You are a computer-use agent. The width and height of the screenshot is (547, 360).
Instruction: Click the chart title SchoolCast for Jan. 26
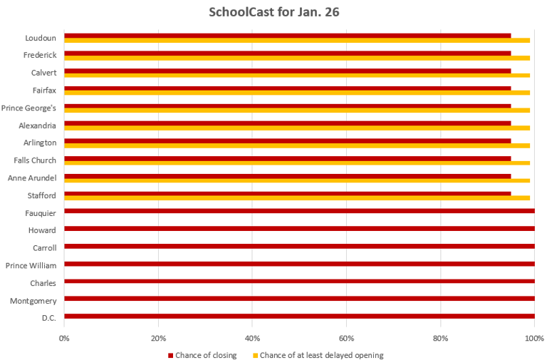click(273, 12)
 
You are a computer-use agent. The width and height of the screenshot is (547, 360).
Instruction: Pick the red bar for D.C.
click(299, 316)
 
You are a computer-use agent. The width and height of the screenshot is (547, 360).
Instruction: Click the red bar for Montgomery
click(299, 299)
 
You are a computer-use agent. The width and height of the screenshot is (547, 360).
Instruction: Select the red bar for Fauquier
click(299, 211)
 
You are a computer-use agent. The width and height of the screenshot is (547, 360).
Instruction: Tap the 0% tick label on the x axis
click(64, 339)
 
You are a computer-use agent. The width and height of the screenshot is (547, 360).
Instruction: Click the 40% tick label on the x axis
click(252, 339)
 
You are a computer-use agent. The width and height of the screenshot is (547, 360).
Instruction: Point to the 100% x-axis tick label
click(534, 339)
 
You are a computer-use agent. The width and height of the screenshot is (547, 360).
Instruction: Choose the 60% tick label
click(346, 339)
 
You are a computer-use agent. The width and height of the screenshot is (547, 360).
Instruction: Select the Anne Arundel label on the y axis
click(31, 178)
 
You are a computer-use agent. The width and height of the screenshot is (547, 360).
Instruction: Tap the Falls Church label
click(35, 160)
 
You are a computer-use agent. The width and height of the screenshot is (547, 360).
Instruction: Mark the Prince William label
click(31, 265)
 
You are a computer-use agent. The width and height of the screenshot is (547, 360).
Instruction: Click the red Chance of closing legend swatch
click(171, 355)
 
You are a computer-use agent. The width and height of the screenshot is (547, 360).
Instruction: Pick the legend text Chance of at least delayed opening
click(321, 355)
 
